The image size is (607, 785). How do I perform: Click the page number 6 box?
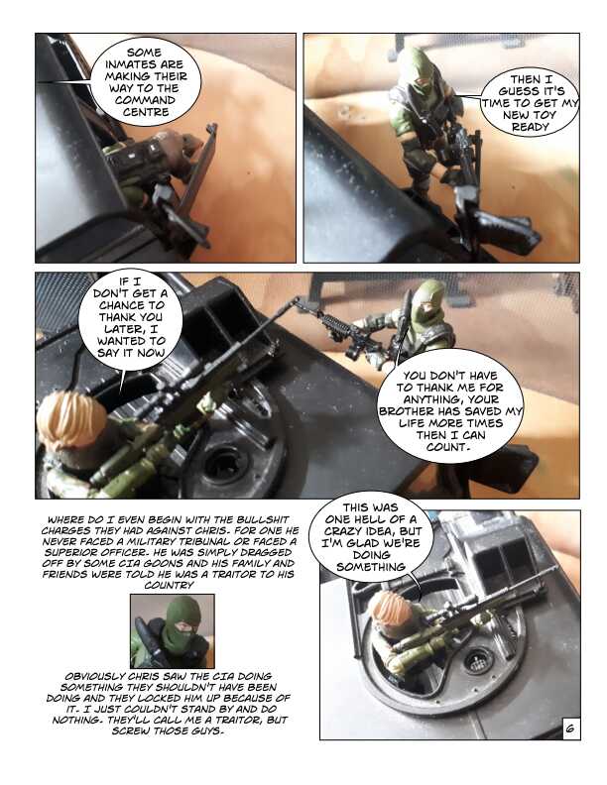[x=570, y=729]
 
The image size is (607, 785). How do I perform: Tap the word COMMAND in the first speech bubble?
[x=145, y=100]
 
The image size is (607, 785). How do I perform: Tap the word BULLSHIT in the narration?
[x=263, y=519]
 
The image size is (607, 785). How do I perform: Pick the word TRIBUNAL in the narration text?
[x=227, y=542]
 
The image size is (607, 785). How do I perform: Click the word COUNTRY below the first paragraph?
[x=169, y=585]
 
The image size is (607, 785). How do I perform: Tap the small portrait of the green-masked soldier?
[x=173, y=630]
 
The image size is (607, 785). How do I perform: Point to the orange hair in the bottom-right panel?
[x=388, y=608]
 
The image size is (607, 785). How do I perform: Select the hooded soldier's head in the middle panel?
[x=428, y=302]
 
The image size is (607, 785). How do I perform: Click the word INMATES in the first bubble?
[x=144, y=64]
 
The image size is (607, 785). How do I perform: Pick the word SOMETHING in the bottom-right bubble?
[x=371, y=567]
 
